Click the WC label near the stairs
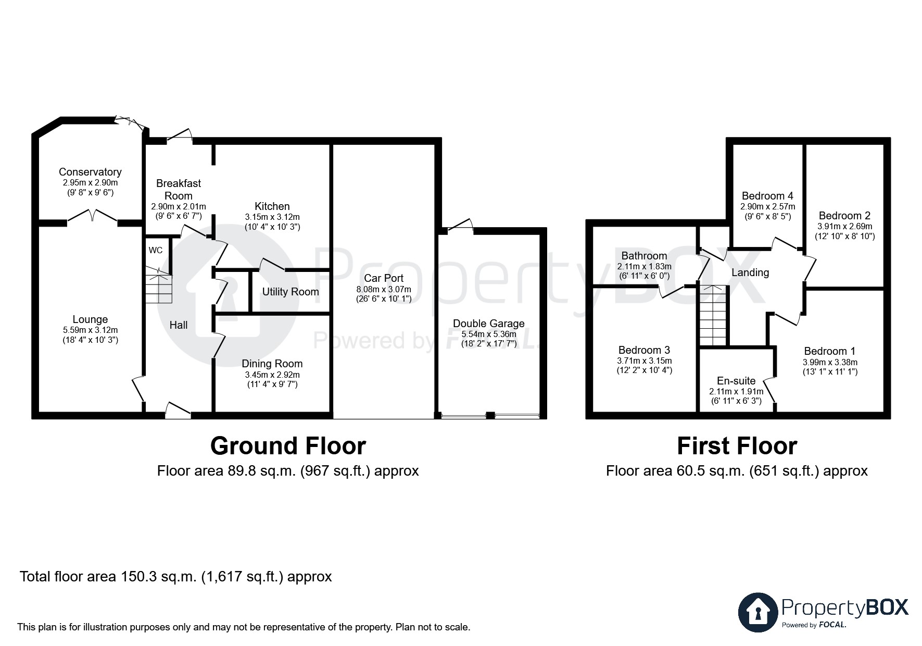(156, 250)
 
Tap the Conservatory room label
(90, 172)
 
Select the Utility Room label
(291, 292)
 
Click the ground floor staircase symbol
(158, 285)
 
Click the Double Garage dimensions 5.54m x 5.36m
(488, 334)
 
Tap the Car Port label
(384, 278)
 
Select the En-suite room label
(736, 381)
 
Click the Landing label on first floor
(750, 272)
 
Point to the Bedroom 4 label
(767, 196)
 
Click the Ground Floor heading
(288, 446)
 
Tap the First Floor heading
(737, 446)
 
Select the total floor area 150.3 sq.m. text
(175, 577)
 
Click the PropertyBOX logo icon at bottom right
(758, 612)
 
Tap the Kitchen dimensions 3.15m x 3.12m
(272, 217)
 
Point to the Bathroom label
(644, 256)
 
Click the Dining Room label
(272, 364)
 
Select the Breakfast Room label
(179, 190)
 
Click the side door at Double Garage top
(460, 225)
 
